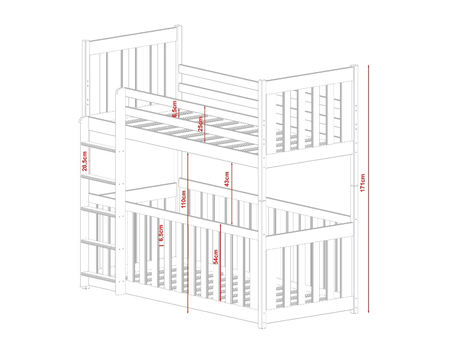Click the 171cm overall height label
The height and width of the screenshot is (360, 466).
pos(362,183)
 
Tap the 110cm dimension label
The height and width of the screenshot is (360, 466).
pos(184,199)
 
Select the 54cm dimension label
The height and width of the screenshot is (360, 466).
pos(216,257)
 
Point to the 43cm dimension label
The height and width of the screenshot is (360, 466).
pos(227,179)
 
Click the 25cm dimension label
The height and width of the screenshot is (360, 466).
pos(201,124)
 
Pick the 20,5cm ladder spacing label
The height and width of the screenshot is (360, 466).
pos(85,161)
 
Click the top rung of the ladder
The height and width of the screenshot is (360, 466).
pos(98,147)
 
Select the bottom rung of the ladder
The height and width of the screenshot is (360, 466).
pos(98,276)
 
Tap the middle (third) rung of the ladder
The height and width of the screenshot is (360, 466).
pos(98,212)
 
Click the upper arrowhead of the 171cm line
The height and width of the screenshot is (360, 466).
pos(368,66)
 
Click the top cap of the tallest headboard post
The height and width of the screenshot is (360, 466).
pos(178,27)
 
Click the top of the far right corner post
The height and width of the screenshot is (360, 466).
pos(354,66)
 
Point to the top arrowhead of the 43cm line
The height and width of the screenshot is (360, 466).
pos(232,164)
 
